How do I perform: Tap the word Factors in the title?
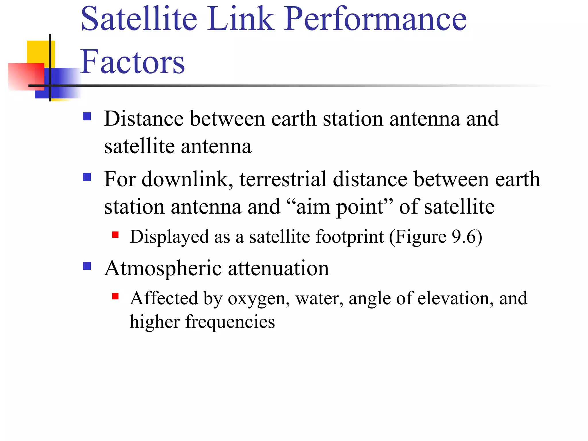tap(132, 62)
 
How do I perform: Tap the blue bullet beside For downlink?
tap(87, 177)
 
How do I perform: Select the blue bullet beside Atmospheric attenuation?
tap(87, 266)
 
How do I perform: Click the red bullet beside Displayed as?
tap(115, 235)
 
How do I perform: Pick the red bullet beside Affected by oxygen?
tap(115, 296)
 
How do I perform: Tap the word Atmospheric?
tap(163, 269)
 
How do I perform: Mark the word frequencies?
tap(230, 322)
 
